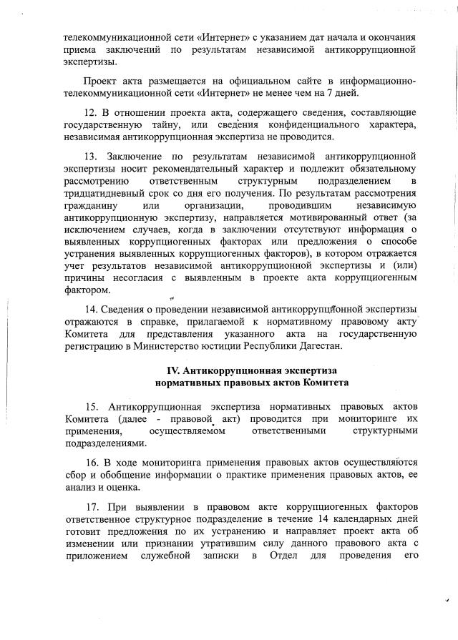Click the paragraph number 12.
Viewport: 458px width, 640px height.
[91, 113]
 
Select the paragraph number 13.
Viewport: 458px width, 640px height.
[91, 155]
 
